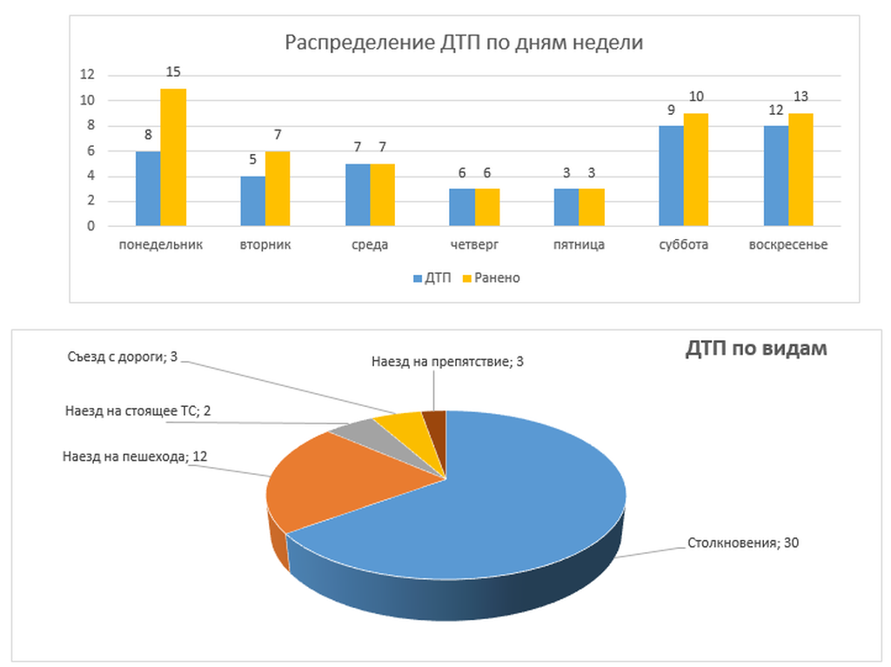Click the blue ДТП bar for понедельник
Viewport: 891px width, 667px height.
pos(148,189)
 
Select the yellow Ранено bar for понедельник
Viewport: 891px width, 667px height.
pos(173,157)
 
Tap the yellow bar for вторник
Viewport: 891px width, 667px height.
pos(278,189)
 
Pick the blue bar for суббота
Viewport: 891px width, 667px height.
pos(671,177)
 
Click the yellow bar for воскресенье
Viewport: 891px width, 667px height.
pos(801,170)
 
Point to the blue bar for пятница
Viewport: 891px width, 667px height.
pos(566,207)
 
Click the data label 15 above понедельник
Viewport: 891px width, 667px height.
pos(173,71)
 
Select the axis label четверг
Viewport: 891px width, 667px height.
pos(475,244)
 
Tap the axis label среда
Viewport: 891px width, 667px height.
pos(370,244)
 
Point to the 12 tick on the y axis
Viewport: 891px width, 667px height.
pos(87,75)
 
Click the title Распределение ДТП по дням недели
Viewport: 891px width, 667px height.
pos(465,43)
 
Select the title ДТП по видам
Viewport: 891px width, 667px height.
pos(755,349)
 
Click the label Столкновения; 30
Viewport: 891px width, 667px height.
pos(743,544)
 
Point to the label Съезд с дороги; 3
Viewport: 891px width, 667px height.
pos(122,357)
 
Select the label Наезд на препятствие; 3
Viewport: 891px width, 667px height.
pos(446,361)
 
